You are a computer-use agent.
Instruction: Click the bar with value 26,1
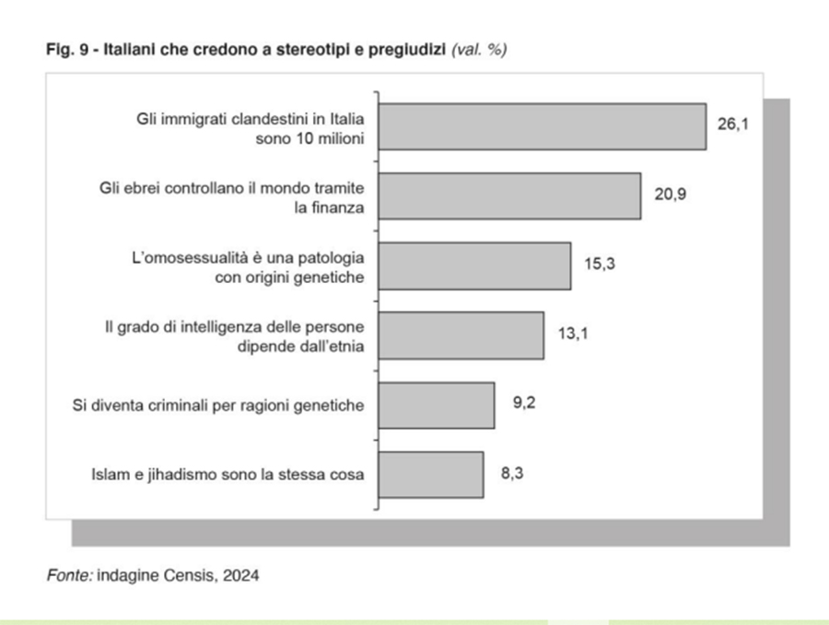[543, 126]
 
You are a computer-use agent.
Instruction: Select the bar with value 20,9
[510, 195]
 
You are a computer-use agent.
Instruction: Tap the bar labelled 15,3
[475, 265]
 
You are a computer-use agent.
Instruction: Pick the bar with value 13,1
[461, 336]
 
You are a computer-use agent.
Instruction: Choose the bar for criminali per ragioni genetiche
[437, 405]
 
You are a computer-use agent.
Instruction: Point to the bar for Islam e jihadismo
[431, 475]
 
